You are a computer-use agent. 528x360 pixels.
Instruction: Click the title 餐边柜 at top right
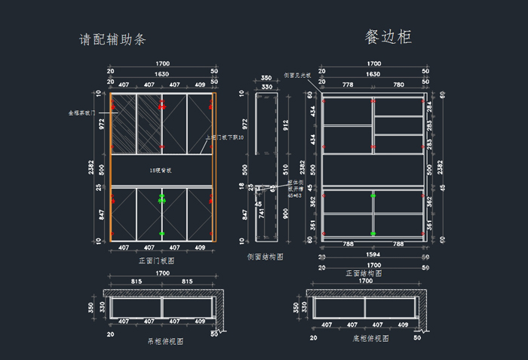coord(388,37)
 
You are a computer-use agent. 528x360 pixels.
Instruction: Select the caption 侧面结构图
coord(265,257)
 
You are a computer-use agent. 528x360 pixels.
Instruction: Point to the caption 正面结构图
coord(365,273)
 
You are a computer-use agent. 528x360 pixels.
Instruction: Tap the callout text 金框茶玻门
coord(81,112)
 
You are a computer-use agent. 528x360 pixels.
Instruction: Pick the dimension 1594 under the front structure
coord(373,254)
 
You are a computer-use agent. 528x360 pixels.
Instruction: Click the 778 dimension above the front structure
coord(348,85)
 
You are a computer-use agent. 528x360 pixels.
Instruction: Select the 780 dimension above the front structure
coord(398,85)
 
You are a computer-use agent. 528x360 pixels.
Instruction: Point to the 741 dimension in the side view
coord(261,214)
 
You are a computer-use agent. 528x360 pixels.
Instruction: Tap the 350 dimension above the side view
coord(266,78)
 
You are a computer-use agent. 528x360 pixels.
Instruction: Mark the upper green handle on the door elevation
coord(161,198)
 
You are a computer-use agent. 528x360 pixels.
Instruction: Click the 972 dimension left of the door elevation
coord(102,123)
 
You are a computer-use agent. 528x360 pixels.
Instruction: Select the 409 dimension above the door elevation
coord(199,85)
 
